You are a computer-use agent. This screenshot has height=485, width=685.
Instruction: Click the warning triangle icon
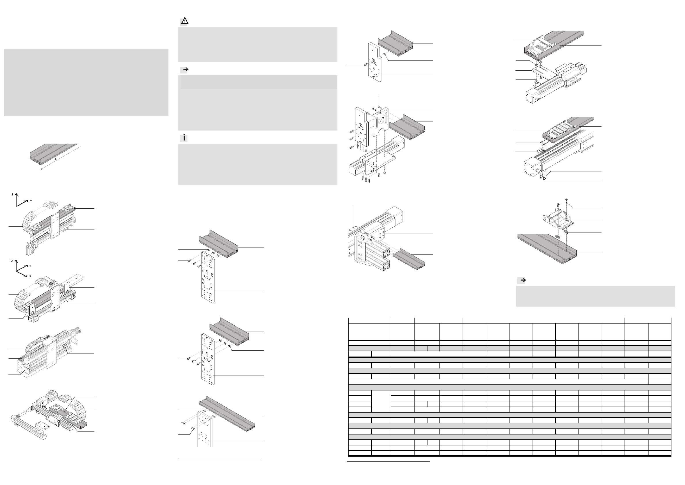(185, 21)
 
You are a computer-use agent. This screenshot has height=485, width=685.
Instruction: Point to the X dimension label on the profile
(55, 160)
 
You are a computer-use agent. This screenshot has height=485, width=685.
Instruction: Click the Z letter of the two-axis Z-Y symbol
(12, 194)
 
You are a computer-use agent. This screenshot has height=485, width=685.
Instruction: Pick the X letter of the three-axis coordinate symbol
(30, 276)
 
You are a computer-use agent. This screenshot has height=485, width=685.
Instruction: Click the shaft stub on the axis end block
(538, 171)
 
